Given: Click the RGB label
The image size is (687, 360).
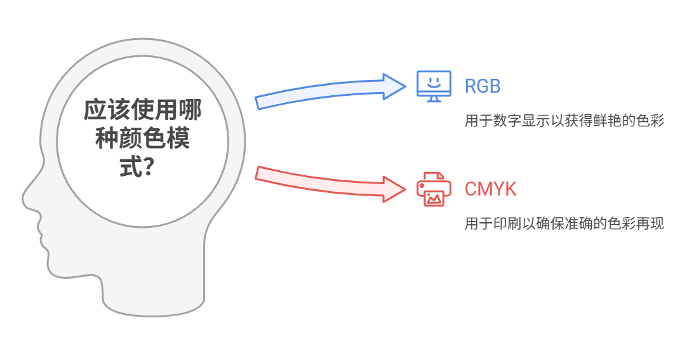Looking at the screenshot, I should (x=483, y=86).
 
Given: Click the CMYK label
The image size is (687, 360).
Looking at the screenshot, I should (x=490, y=189).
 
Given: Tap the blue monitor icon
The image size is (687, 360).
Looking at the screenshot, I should (x=434, y=84).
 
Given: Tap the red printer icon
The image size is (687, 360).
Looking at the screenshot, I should (x=434, y=189).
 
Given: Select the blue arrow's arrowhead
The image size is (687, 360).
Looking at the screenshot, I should (x=394, y=86).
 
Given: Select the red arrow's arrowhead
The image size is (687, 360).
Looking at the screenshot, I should (x=394, y=188).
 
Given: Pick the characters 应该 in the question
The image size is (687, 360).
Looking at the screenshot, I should (x=103, y=110).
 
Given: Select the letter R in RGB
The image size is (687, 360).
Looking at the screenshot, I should (x=470, y=86).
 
